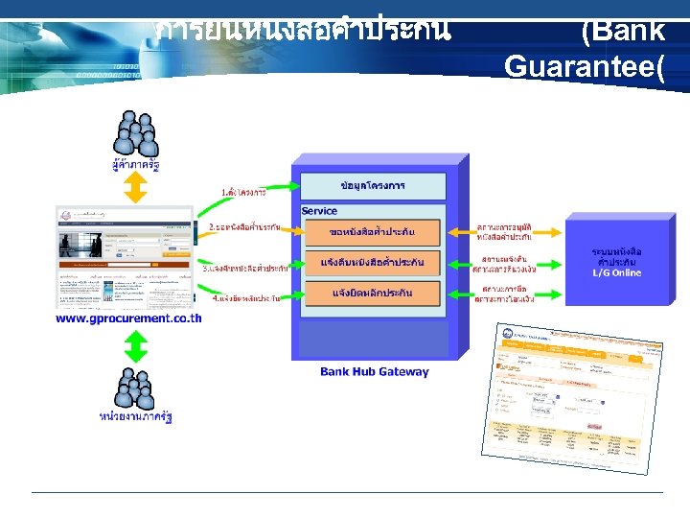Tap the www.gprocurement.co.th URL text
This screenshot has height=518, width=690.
tap(128, 318)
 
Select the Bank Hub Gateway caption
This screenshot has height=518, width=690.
tap(375, 371)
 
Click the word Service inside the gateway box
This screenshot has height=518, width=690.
tap(319, 210)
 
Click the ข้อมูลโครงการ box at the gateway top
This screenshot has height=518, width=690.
tap(374, 184)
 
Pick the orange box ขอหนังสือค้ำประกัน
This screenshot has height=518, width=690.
tap(372, 232)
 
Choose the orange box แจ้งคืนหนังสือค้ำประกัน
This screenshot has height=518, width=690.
tap(372, 262)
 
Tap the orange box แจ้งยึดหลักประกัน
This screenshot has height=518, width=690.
tap(372, 292)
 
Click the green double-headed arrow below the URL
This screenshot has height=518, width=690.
tap(136, 345)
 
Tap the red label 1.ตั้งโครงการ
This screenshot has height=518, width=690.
tap(243, 192)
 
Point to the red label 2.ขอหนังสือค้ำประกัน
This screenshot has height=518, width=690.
tap(244, 227)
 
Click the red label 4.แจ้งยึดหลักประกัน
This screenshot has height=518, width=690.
tap(244, 298)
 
